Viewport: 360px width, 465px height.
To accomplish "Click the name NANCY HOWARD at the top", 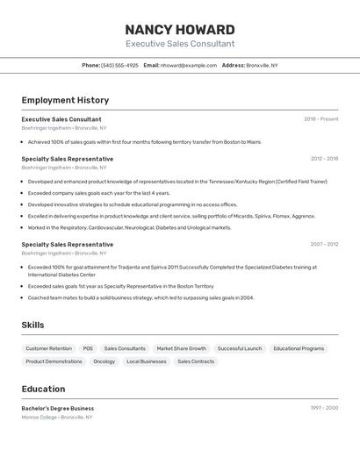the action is [180, 30].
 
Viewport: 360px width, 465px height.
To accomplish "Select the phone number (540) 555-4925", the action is [119, 65].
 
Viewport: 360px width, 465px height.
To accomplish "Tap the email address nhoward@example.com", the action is [189, 65].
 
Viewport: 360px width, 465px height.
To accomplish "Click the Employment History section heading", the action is [65, 100].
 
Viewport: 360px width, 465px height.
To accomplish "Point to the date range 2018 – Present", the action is [321, 119].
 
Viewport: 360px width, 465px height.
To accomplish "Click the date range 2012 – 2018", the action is [324, 159].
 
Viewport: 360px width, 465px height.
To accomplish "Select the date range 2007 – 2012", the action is [324, 245].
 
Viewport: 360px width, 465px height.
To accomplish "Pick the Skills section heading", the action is [32, 325].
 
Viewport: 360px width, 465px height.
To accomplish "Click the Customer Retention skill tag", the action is [49, 348].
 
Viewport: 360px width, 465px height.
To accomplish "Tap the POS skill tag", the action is [88, 348].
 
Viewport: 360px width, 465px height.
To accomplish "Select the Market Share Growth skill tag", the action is [182, 348].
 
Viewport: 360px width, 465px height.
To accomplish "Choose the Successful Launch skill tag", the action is [240, 348].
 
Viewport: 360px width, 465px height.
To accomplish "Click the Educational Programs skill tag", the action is [299, 348].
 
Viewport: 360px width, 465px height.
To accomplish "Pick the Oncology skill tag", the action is [104, 361].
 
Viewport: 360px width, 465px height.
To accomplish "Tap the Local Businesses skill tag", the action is [147, 361].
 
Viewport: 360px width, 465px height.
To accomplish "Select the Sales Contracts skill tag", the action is [196, 361].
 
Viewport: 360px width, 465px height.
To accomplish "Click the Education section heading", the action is [43, 389].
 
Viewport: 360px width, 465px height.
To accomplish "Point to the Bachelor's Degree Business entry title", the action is [58, 408].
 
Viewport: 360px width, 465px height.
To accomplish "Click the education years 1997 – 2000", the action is [324, 408].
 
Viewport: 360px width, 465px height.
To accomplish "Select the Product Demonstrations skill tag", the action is [54, 361].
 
